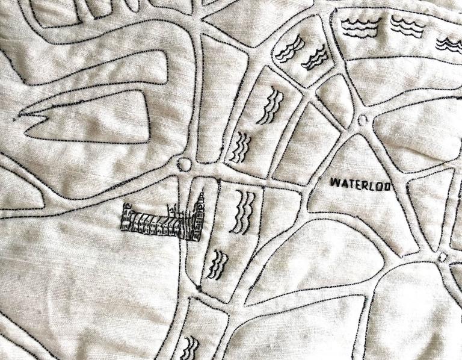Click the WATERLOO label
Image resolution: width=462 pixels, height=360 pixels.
coord(362,184)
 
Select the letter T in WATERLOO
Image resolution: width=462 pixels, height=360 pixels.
coord(350,183)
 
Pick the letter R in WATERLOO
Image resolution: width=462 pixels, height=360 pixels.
coord(365,184)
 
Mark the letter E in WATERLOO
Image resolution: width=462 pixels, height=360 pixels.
coord(357,184)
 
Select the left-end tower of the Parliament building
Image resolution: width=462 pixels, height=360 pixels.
coord(126,216)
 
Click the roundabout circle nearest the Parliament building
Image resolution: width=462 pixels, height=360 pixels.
coord(185,164)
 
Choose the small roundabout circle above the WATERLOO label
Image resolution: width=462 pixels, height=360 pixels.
coord(362,120)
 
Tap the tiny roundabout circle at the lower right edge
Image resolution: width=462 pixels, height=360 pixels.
coord(443,257)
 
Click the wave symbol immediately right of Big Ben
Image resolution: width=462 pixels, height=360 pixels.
coord(244,212)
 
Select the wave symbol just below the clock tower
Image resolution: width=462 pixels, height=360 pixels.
coord(217,265)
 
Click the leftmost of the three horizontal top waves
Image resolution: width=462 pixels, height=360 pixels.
coord(360,25)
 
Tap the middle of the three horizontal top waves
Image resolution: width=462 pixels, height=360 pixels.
coord(407,26)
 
